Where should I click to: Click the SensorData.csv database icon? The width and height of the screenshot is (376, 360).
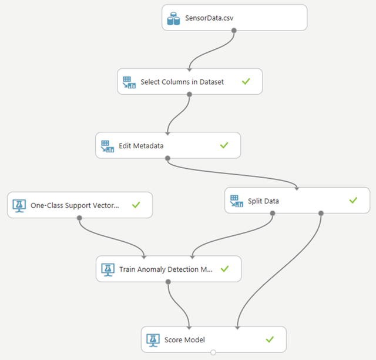[x=173, y=18]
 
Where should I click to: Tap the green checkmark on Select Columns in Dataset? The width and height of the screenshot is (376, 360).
[x=246, y=82]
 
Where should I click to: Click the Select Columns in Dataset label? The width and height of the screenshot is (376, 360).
[x=182, y=82]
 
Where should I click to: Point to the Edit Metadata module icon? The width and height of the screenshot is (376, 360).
[x=107, y=146]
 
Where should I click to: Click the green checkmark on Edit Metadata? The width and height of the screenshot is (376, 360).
[x=224, y=145]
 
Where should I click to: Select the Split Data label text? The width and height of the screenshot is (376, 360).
[x=263, y=201]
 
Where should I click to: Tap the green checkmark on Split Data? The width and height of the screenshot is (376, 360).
[x=353, y=201]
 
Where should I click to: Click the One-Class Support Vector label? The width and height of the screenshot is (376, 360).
[x=75, y=206]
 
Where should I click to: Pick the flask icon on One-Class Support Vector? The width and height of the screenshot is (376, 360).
[x=19, y=206]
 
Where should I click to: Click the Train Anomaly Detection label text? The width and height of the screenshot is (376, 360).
[x=166, y=269]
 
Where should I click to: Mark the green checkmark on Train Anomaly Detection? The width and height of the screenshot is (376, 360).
[x=224, y=269]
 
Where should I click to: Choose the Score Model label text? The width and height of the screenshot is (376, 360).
[x=184, y=339]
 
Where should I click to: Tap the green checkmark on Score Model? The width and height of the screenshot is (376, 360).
[x=270, y=339]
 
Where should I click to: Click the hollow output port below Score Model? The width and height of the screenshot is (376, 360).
[x=213, y=352]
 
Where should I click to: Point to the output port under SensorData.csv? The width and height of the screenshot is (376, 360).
[x=234, y=30]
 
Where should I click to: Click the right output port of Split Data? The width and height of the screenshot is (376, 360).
[x=320, y=213]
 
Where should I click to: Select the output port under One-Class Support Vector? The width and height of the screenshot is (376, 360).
[x=79, y=218]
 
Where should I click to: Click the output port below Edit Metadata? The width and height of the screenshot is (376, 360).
[x=168, y=158]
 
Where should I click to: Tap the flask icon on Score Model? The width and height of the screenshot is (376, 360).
[x=153, y=339]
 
